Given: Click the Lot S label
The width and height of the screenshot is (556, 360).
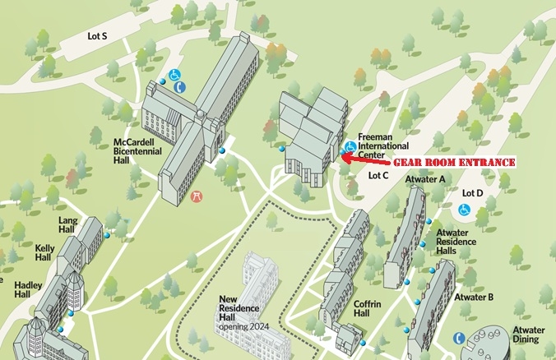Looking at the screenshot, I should (x=97, y=36).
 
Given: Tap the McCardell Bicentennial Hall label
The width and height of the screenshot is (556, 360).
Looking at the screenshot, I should (x=134, y=150).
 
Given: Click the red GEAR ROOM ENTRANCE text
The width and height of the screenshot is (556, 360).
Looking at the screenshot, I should (x=452, y=163).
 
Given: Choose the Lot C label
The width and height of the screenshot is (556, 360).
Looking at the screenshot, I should (x=378, y=175).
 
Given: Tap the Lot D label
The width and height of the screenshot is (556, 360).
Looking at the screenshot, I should (x=472, y=193).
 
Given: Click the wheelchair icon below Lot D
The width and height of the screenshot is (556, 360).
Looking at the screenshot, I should (x=463, y=210).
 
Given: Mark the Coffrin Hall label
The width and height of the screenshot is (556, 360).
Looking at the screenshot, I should (x=367, y=309).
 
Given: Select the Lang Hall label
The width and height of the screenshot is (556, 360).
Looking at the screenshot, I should (x=67, y=225).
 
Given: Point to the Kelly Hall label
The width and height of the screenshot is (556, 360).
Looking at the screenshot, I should (x=44, y=252).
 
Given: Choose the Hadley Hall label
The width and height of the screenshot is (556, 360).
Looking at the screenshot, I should (x=27, y=289).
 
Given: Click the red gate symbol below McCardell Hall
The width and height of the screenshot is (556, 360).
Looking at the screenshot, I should (x=197, y=196).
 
